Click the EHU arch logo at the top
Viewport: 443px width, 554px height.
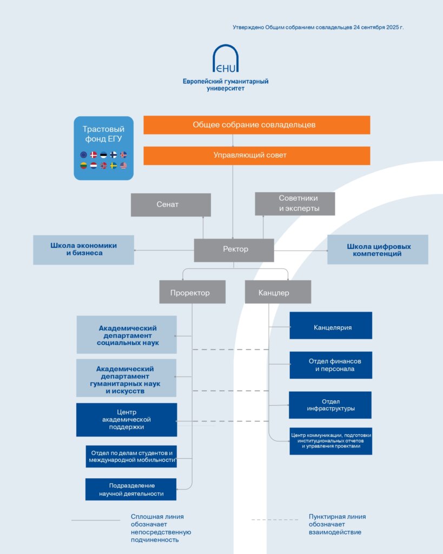coord(226,58)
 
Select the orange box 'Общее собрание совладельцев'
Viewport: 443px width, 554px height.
coord(256,125)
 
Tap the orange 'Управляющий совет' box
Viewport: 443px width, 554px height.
coord(256,156)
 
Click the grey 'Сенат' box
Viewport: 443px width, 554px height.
coord(170,205)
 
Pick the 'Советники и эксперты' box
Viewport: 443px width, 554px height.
coord(295,203)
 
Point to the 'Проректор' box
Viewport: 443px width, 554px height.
coord(192,292)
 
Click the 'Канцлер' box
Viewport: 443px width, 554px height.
coord(277,292)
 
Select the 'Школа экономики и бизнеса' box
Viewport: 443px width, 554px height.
coord(83,250)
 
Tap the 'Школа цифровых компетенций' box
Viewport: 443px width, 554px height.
coord(378,250)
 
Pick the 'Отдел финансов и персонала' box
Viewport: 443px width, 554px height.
coord(330,365)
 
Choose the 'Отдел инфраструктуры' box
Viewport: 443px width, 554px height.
coord(330,405)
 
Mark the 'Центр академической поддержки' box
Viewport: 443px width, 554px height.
coord(126,420)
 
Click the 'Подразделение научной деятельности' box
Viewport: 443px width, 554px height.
coord(130,490)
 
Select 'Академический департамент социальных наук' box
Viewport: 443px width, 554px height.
coord(127,335)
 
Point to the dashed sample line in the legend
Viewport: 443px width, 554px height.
coord(274,520)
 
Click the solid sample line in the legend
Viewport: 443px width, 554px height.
coord(96,520)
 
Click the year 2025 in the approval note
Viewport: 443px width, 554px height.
coord(391,27)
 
